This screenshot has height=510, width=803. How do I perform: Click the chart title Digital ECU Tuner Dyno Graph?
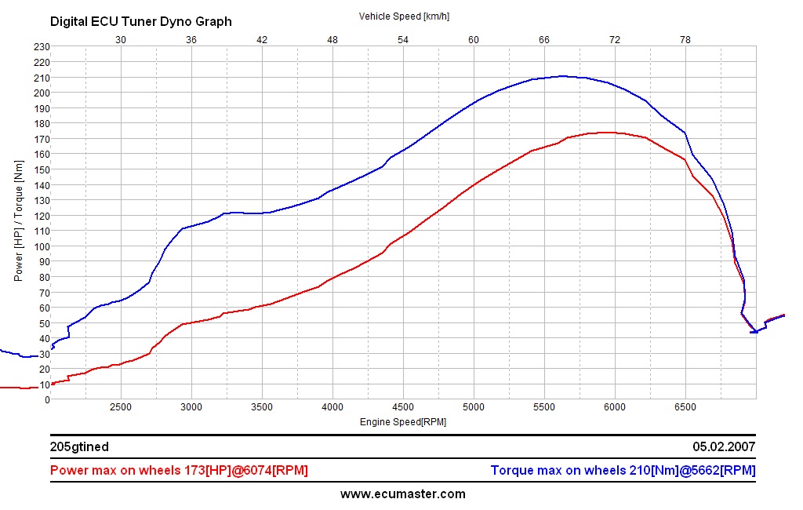pyautogui.click(x=141, y=22)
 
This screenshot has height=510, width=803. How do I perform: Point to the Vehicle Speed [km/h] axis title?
pyautogui.click(x=404, y=16)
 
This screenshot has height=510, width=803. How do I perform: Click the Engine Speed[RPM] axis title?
pyautogui.click(x=403, y=421)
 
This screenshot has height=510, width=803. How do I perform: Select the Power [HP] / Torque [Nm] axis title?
pyautogui.click(x=19, y=223)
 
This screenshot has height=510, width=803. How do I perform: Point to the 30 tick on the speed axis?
pyautogui.click(x=121, y=39)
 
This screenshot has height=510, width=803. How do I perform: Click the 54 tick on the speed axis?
pyautogui.click(x=403, y=39)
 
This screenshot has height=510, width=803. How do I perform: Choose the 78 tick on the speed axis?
pyautogui.click(x=685, y=39)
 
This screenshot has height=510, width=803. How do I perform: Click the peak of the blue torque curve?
pyautogui.click(x=562, y=76)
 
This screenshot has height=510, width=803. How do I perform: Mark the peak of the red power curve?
pyautogui.click(x=607, y=133)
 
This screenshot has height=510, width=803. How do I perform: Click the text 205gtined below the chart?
pyautogui.click(x=79, y=447)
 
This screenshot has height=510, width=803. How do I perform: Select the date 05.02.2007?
pyautogui.click(x=724, y=447)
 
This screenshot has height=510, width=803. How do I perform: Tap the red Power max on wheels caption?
pyautogui.click(x=179, y=471)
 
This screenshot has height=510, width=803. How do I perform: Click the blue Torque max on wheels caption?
pyautogui.click(x=623, y=471)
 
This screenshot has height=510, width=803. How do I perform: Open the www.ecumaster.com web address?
pyautogui.click(x=403, y=494)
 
